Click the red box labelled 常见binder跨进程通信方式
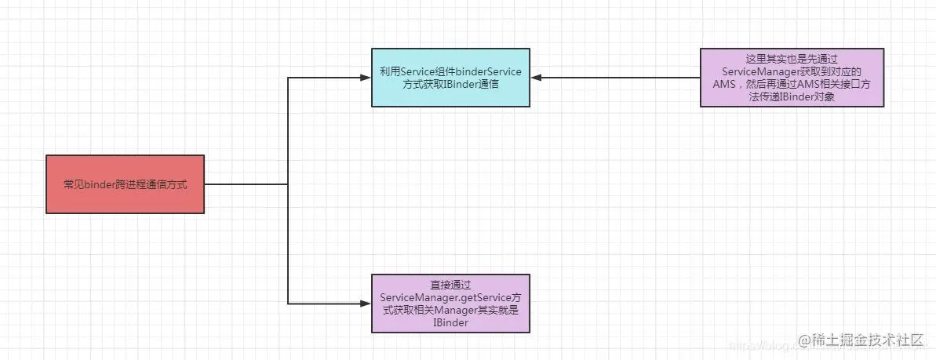pyautogui.click(x=126, y=184)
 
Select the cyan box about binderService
pyautogui.click(x=450, y=78)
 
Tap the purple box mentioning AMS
pyautogui.click(x=792, y=78)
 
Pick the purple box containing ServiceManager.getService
pyautogui.click(x=450, y=303)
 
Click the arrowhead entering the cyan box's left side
pyautogui.click(x=365, y=78)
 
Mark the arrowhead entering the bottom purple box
pyautogui.click(x=365, y=303)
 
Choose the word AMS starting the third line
pyautogui.click(x=725, y=84)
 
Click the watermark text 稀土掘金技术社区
pyautogui.click(x=866, y=340)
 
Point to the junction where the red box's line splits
pyautogui.click(x=289, y=184)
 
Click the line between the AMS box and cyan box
pyautogui.click(x=620, y=78)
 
